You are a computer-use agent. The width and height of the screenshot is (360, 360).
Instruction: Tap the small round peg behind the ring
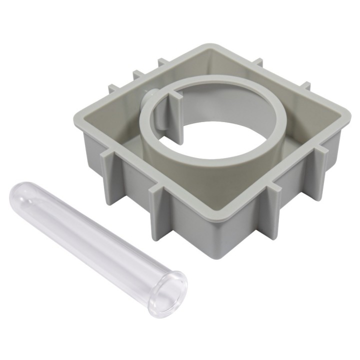click(148, 94)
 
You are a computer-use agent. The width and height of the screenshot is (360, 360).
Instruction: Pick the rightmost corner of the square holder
click(347, 118)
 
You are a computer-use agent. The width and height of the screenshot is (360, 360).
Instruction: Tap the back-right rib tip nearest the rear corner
click(258, 62)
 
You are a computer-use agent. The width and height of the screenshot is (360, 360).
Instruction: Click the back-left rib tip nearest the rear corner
click(161, 62)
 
